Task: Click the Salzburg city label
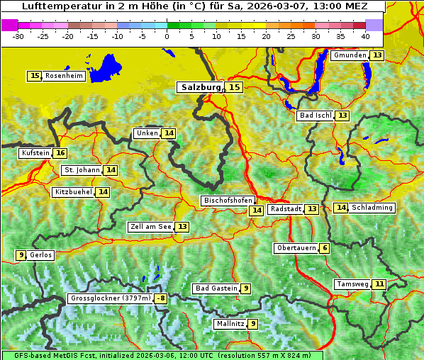point(199,87)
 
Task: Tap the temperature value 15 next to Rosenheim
point(35,76)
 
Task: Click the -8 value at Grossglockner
point(161,298)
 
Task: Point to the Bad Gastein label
point(216,288)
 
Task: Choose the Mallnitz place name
point(230,324)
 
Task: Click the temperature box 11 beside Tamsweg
point(380,284)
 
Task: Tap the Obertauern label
point(296,248)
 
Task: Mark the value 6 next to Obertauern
point(324,248)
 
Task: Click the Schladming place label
point(372,208)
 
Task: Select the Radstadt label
point(286,209)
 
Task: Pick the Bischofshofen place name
point(228,201)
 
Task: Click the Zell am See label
point(151,227)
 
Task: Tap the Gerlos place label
point(41,255)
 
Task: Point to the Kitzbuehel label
point(73,192)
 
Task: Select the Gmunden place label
point(350,55)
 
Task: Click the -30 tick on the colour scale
point(18,35)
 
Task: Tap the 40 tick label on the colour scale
point(365,35)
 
